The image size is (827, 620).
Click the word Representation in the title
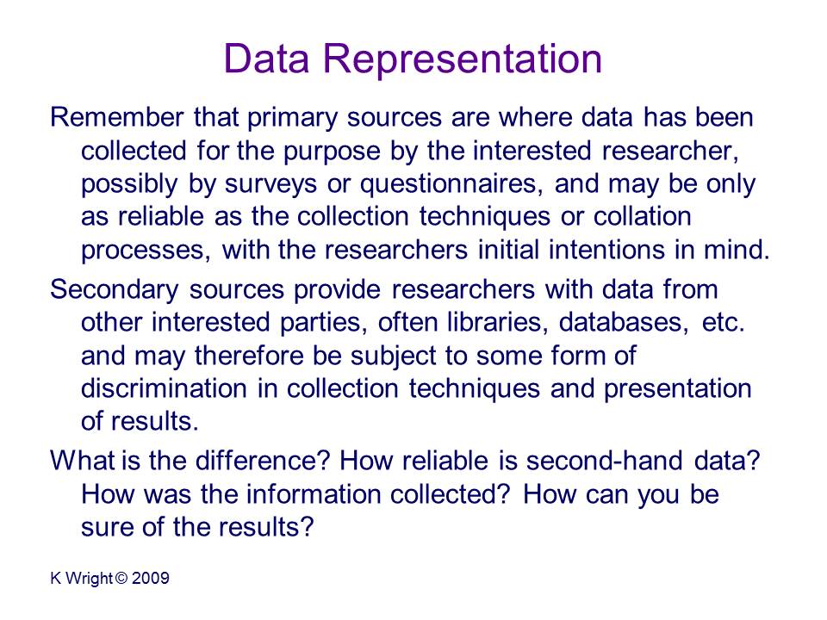click(x=462, y=58)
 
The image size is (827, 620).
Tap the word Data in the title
click(x=266, y=58)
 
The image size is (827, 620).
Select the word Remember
click(x=117, y=117)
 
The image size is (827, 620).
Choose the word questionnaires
click(x=451, y=185)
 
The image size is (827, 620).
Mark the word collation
click(x=642, y=216)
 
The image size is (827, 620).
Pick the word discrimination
click(x=164, y=388)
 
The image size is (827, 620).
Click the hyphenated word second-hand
click(x=605, y=460)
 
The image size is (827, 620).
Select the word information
click(x=314, y=494)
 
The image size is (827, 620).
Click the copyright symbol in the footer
click(x=121, y=579)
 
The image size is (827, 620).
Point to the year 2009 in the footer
click(x=151, y=579)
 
